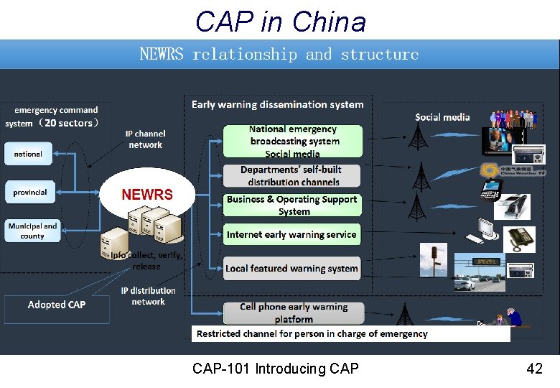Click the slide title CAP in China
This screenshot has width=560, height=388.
coord(280,22)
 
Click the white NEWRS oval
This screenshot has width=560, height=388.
coord(147,193)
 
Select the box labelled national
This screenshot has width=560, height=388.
coord(28,154)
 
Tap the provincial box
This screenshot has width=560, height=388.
coord(29,193)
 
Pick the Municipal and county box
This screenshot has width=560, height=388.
coord(32,231)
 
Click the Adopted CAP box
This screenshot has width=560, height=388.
coord(57,305)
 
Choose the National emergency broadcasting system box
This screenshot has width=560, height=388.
coord(292,142)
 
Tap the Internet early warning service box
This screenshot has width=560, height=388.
coord(291,235)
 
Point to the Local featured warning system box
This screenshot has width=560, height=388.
coord(291,269)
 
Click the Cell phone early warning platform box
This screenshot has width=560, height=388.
coord(293,313)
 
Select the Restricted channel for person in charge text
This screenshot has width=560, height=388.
coord(312,333)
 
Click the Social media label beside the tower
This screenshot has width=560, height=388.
coord(442,117)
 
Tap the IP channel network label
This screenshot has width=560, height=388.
coord(146,139)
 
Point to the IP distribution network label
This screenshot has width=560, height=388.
coord(149,296)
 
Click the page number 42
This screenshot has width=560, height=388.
coord(534,369)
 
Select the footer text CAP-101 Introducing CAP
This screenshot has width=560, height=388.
coord(276,369)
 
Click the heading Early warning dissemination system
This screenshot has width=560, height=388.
coord(277,105)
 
